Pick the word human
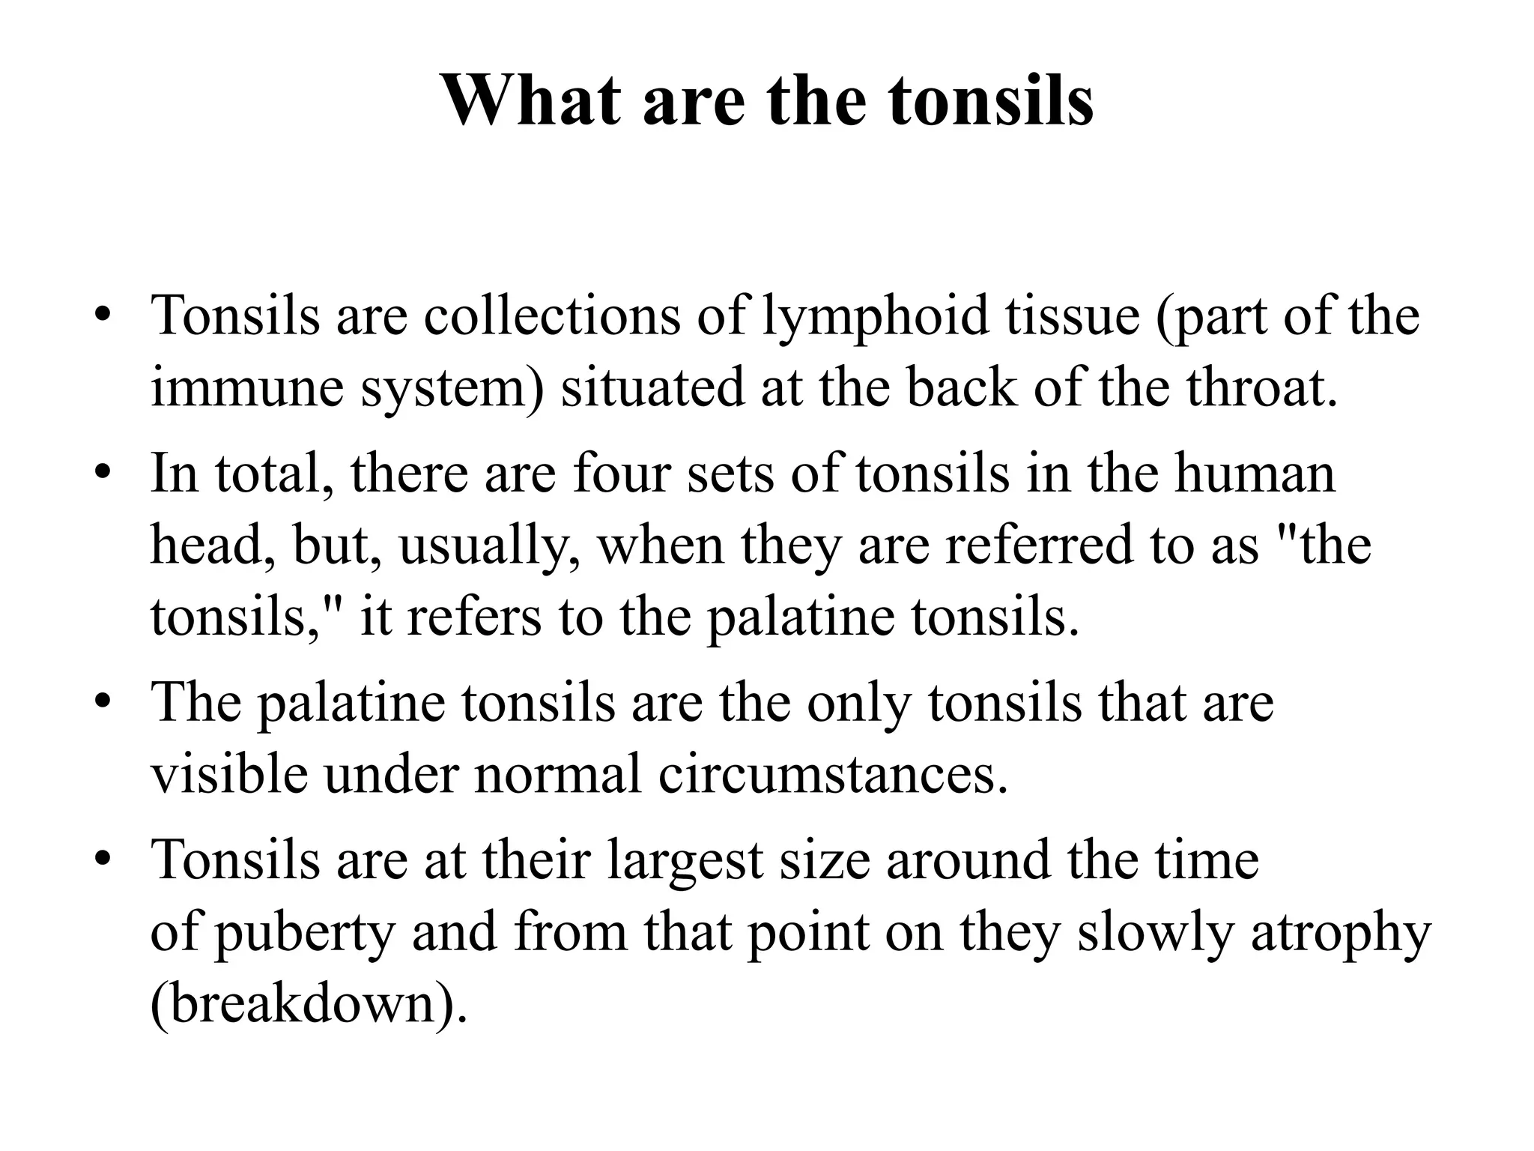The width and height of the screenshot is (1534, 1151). [1255, 474]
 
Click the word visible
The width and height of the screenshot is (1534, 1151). [228, 774]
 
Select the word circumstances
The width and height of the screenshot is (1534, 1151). [833, 774]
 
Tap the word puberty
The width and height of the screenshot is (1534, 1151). [304, 933]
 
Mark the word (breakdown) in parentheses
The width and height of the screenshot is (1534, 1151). [309, 1004]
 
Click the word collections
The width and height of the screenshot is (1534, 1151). [552, 316]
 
